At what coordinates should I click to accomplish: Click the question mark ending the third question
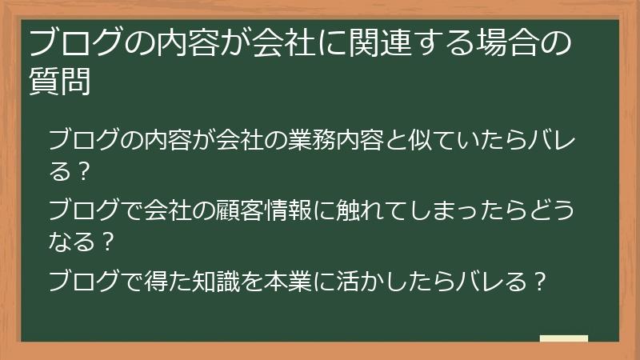tap(539, 282)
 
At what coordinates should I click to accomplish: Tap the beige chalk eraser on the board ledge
tap(563, 339)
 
